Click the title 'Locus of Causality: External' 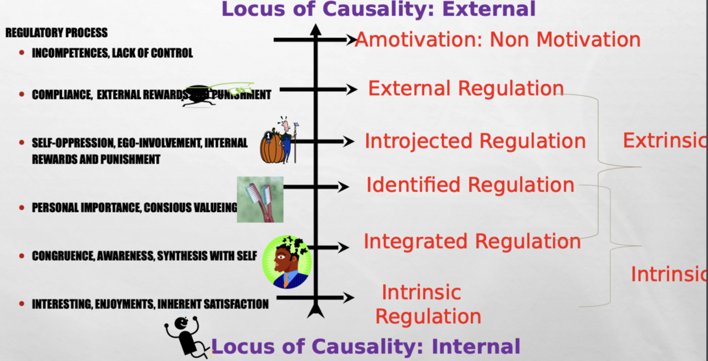click(x=378, y=9)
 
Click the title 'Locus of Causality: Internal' click(x=366, y=346)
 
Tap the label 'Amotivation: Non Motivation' click(x=498, y=40)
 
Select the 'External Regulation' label click(x=465, y=89)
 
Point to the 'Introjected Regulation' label click(x=475, y=141)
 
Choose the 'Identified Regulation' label click(x=470, y=185)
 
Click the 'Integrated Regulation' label click(x=472, y=242)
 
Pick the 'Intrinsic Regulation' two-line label click(x=428, y=304)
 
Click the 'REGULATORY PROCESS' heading click(x=56, y=33)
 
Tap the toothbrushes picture click(x=260, y=200)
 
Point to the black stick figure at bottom click(x=186, y=336)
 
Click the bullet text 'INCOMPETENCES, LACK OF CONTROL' click(x=112, y=53)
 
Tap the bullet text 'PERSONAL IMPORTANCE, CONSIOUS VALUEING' click(x=134, y=208)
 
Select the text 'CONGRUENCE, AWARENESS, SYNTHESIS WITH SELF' click(x=144, y=256)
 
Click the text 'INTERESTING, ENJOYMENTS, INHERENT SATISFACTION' click(x=150, y=304)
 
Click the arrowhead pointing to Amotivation click(x=351, y=40)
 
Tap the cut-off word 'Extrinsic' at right click(x=664, y=141)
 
